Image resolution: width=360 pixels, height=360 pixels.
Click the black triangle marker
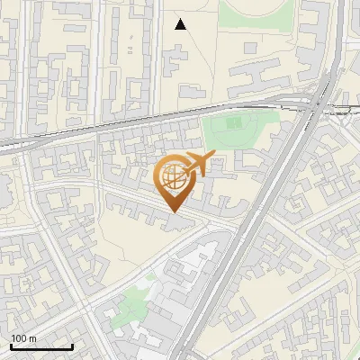click(181, 24)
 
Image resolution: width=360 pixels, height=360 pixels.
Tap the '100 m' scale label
click(24, 338)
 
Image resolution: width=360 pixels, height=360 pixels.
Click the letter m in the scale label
click(32, 338)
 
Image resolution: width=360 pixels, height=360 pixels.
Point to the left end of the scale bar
click(11, 346)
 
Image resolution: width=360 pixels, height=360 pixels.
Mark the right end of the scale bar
click(72, 346)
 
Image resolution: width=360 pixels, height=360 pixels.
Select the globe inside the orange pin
click(174, 180)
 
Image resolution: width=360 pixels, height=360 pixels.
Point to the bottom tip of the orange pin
click(174, 212)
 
